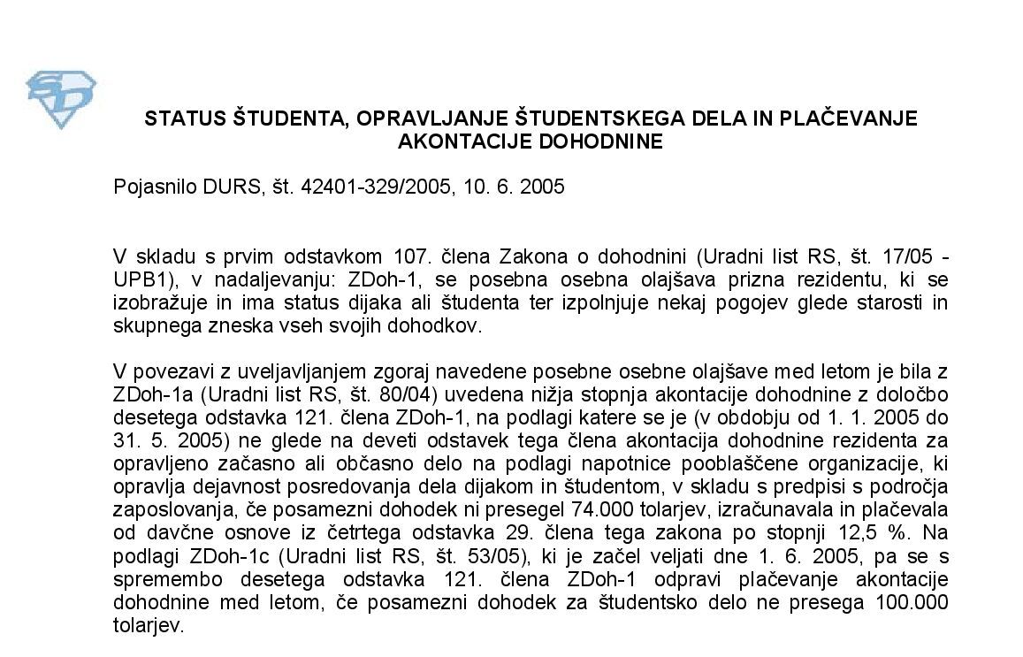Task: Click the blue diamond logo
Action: pos(60,98)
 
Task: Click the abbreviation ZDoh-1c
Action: pos(218,556)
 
